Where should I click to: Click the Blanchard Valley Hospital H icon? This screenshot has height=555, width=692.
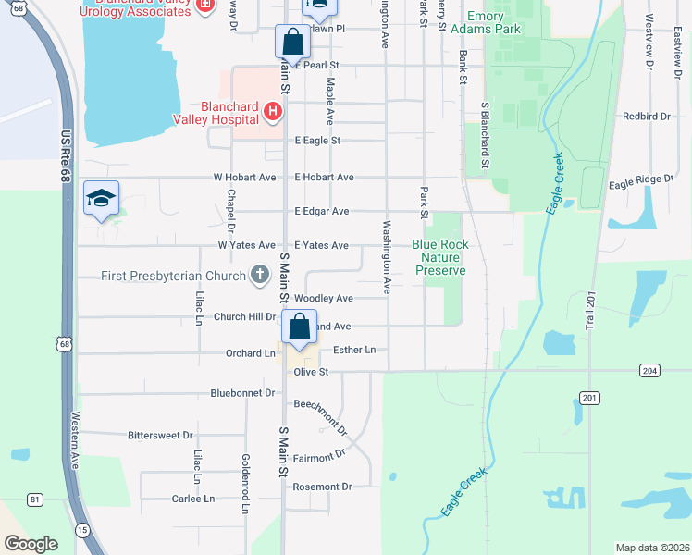point(272,112)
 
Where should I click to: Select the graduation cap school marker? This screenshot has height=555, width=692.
point(101,199)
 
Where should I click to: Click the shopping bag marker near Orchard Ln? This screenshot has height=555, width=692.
point(300,327)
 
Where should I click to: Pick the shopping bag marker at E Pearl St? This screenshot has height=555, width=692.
point(292,43)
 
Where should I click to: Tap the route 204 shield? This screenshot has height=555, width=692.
point(649,370)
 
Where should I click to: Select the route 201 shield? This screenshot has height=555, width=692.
point(589,398)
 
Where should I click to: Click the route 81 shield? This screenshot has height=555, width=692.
point(35,500)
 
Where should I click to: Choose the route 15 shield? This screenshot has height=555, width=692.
point(82,530)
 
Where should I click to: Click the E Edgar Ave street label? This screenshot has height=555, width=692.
point(321,212)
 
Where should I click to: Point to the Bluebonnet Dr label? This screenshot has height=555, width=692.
point(243,393)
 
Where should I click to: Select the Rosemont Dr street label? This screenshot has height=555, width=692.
point(322,487)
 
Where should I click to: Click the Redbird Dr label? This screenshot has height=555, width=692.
point(646,117)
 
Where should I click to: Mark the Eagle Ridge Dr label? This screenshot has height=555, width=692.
point(642,185)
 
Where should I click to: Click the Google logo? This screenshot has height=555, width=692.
point(31,544)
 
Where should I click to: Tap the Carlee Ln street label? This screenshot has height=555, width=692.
point(192,499)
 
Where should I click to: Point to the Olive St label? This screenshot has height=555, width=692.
point(311,372)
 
